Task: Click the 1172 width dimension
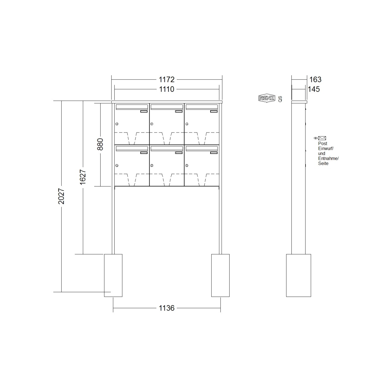point(167,79)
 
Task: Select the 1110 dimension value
point(167,89)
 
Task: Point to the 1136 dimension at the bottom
point(167,308)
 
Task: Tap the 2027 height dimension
point(61,196)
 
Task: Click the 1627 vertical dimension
point(83,177)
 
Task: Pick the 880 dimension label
point(100,144)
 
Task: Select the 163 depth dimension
point(315,79)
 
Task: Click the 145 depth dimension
point(314,89)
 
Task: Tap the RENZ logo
point(267,98)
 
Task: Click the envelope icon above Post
point(322,138)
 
